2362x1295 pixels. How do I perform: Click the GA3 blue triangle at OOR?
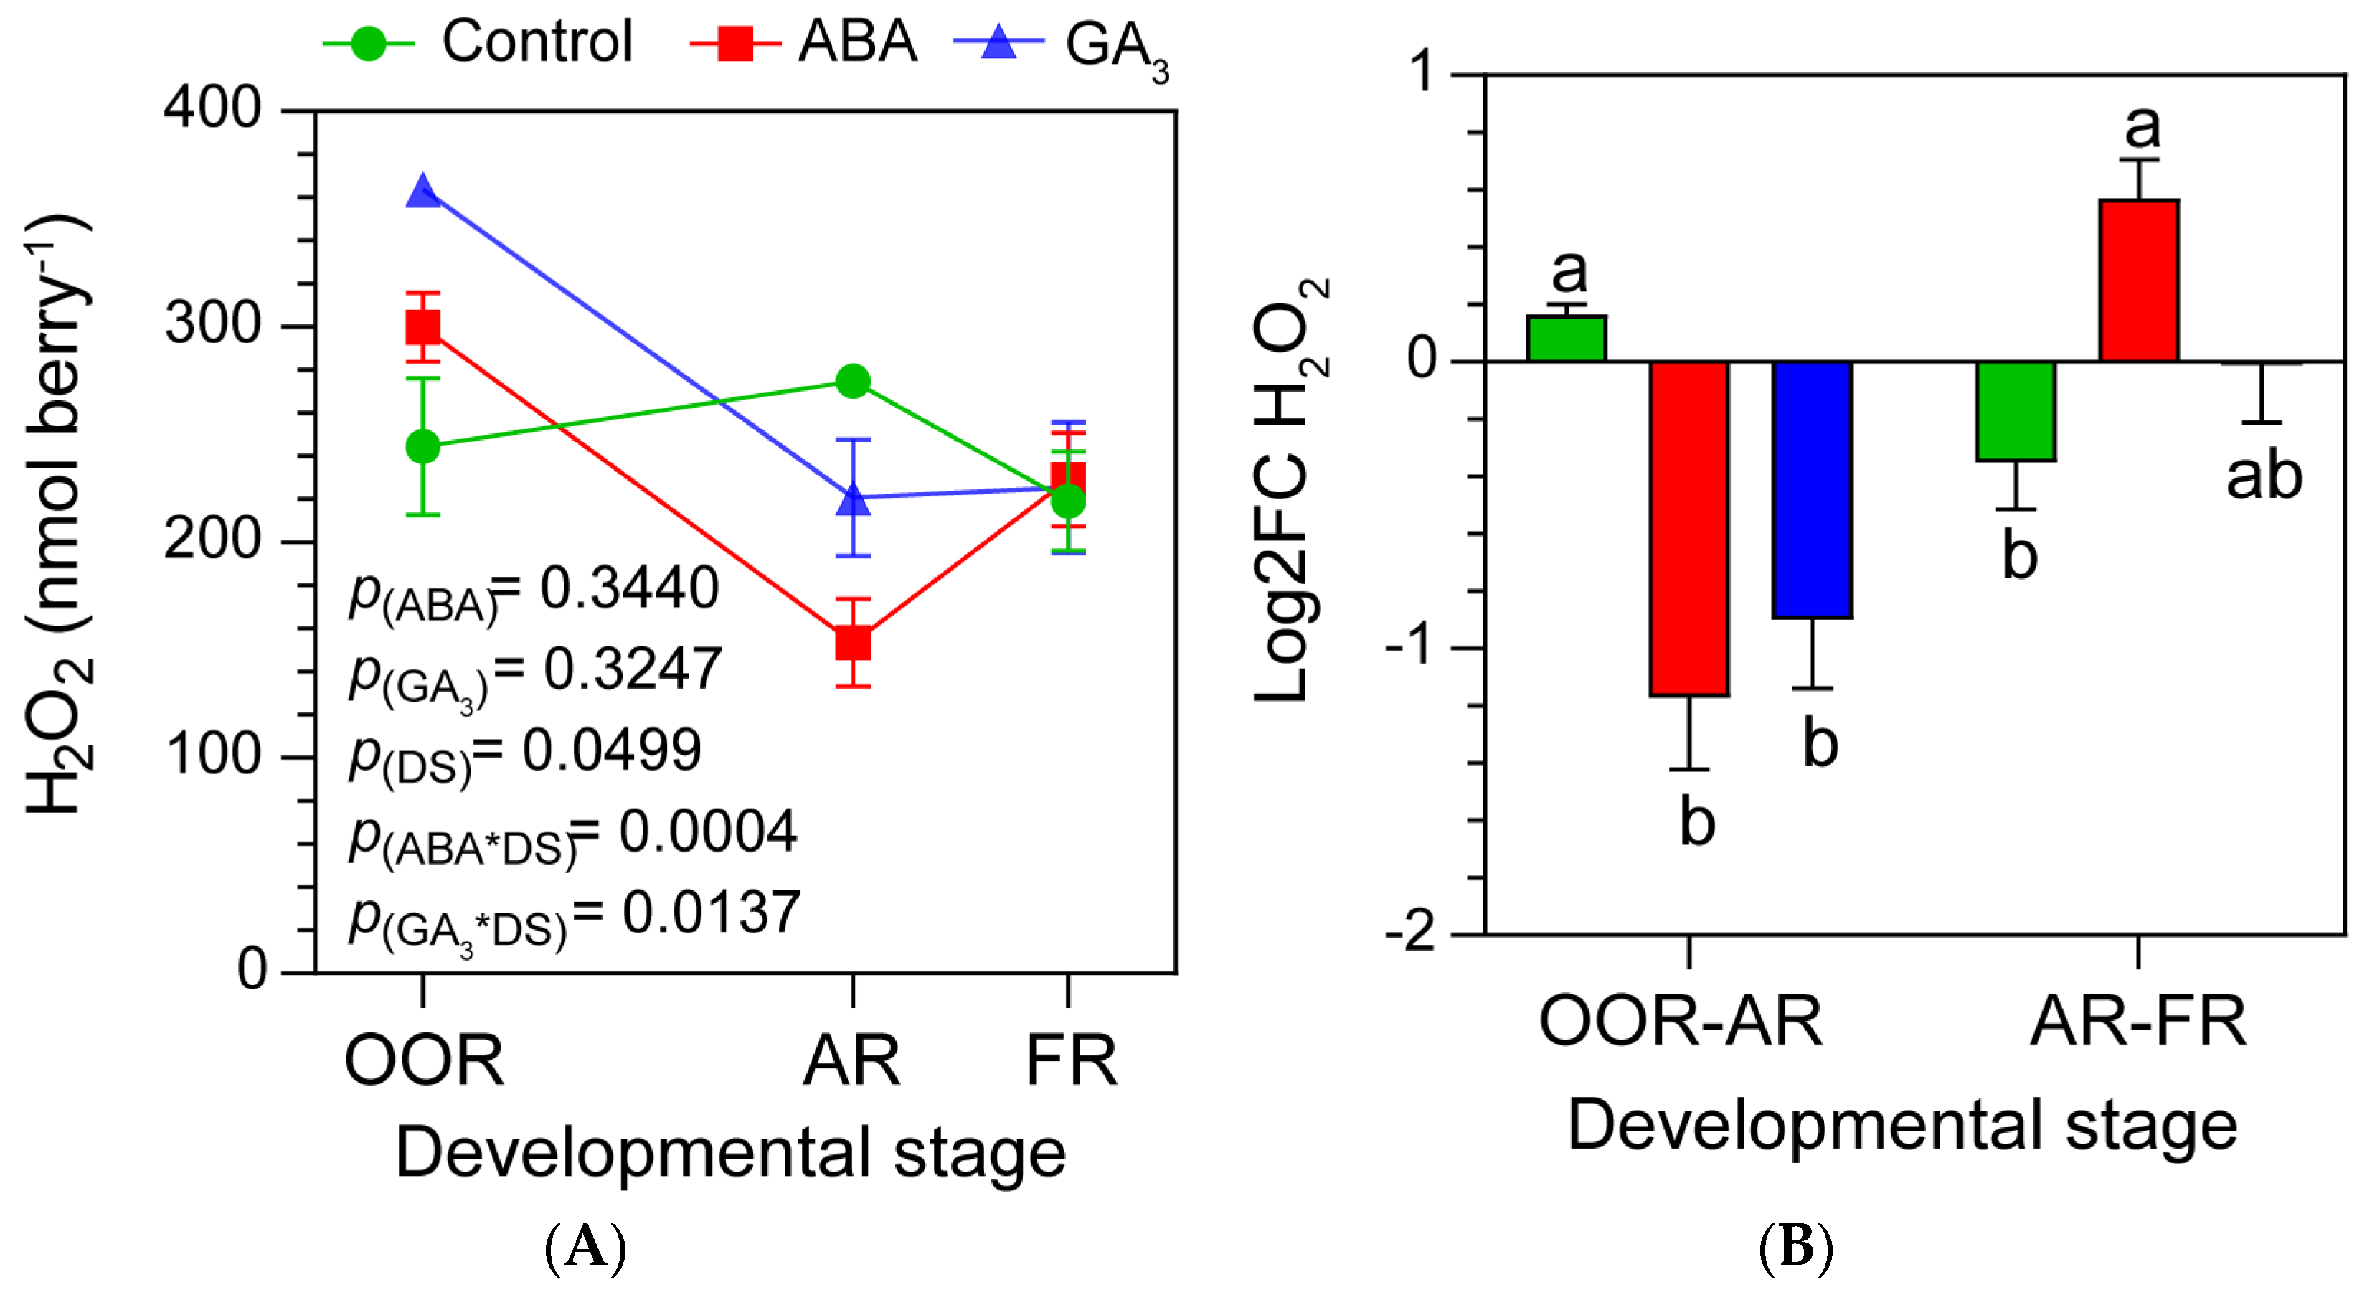pyautogui.click(x=422, y=192)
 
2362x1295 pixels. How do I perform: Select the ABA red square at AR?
pyautogui.click(x=853, y=643)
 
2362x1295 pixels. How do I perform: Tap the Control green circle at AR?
pyautogui.click(x=853, y=382)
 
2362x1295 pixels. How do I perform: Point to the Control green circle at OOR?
pyautogui.click(x=422, y=447)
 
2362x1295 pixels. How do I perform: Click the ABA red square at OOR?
pyautogui.click(x=422, y=326)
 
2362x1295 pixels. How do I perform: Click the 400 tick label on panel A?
pyautogui.click(x=213, y=108)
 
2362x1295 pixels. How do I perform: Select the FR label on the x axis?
pyautogui.click(x=1070, y=1059)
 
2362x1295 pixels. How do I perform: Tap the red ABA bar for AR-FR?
pyautogui.click(x=2138, y=281)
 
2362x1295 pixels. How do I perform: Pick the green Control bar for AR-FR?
pyautogui.click(x=2016, y=411)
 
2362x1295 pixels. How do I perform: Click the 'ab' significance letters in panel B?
pyautogui.click(x=2263, y=476)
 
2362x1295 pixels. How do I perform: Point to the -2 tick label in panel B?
pyautogui.click(x=1412, y=933)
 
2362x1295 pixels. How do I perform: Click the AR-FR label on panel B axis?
pyautogui.click(x=2137, y=1021)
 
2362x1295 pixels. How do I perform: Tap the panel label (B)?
pyautogui.click(x=1795, y=1248)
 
